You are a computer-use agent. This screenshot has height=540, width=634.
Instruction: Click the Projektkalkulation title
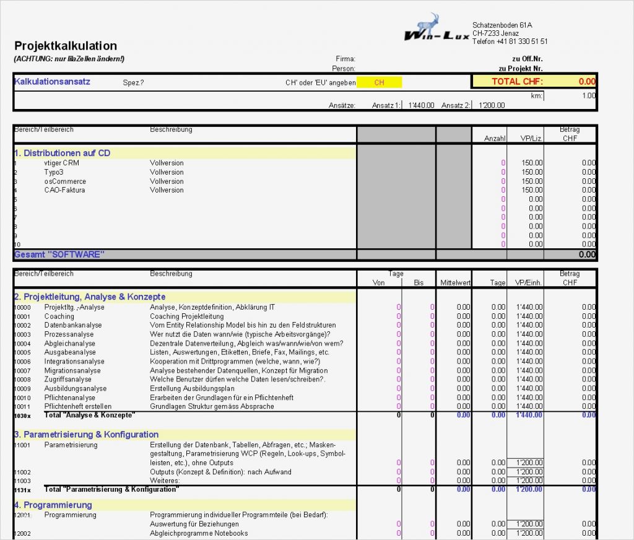(66, 46)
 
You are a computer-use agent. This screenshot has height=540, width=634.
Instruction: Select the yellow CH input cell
(379, 82)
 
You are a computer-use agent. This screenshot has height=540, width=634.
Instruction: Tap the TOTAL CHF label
(517, 82)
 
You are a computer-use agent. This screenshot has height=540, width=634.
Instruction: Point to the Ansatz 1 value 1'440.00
(421, 105)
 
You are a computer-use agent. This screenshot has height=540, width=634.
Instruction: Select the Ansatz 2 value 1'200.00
(491, 105)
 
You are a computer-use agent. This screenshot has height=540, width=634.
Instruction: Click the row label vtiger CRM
(61, 163)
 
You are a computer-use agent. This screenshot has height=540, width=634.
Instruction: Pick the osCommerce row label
(65, 181)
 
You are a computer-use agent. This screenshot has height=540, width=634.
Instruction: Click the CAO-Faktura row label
(64, 190)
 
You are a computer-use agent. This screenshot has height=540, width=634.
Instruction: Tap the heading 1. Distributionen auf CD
(62, 153)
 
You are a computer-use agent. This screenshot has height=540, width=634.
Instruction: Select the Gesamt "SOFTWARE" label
(59, 255)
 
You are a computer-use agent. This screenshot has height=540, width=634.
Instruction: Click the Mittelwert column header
(455, 283)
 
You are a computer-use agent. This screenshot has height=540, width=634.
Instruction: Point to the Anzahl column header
(495, 139)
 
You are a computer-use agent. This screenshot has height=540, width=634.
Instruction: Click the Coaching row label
(59, 316)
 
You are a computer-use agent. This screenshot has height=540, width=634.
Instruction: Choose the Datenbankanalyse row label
(73, 325)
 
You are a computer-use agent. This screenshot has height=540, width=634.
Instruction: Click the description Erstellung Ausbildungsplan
(191, 388)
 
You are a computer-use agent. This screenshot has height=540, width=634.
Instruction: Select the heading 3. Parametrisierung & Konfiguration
(86, 435)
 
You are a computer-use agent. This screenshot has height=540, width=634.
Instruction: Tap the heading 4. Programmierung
(53, 505)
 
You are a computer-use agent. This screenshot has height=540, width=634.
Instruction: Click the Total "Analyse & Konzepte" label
(90, 415)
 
